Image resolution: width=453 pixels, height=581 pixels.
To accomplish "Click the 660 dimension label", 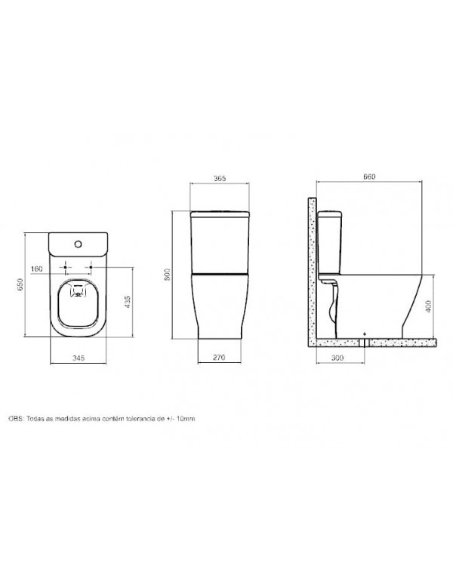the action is [369, 177].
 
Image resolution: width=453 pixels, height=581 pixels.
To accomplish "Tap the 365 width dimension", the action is [220, 179].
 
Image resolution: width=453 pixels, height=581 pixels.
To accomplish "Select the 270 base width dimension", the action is [219, 358].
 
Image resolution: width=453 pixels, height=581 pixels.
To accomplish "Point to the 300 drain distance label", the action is [337, 358].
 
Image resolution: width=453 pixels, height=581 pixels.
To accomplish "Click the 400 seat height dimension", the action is [429, 306].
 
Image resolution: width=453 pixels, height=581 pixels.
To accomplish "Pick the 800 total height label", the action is [167, 274].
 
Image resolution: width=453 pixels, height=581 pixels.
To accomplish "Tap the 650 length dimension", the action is [20, 284].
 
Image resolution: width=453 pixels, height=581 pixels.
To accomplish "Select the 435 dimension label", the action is [127, 302].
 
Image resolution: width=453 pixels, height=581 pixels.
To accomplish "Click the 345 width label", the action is [79, 358].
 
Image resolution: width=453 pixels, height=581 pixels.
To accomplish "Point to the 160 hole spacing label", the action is [37, 269].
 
